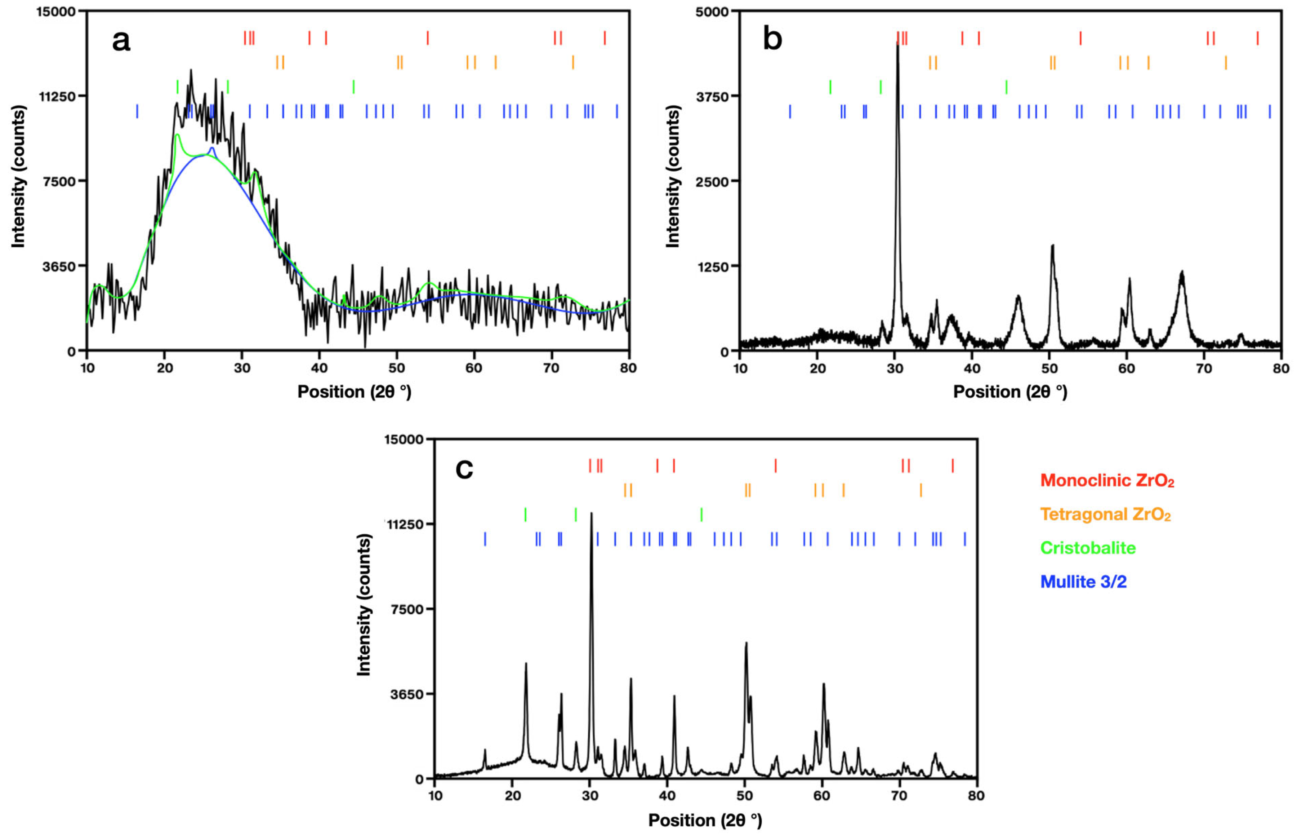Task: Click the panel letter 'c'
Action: [x=464, y=469]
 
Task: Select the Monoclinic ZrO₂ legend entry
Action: [x=1107, y=480]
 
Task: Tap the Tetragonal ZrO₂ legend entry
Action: [x=1105, y=514]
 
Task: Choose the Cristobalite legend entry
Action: [x=1088, y=548]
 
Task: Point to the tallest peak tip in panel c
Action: [x=591, y=513]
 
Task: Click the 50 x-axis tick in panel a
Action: [x=397, y=368]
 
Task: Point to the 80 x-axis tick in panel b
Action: [x=1281, y=368]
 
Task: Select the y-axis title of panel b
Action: [x=672, y=177]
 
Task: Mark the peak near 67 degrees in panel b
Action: [x=1182, y=271]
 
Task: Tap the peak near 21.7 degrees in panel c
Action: [x=526, y=663]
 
